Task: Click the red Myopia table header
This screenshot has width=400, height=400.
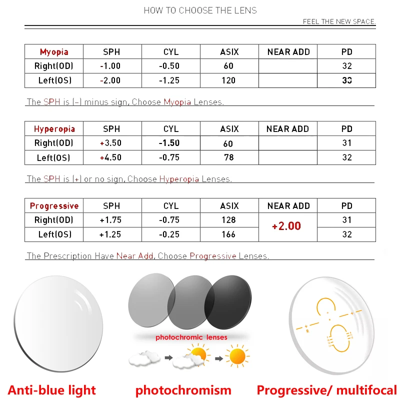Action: (x=54, y=52)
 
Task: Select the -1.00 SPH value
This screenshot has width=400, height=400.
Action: (x=110, y=66)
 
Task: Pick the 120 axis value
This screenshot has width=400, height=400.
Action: (x=228, y=80)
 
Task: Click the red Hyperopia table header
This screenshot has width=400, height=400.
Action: (x=54, y=129)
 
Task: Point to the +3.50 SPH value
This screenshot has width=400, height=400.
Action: (x=110, y=143)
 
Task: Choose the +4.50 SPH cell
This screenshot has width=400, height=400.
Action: (x=110, y=157)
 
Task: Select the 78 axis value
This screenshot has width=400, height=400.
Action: (x=228, y=157)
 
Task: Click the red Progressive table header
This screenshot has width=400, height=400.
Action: (x=54, y=206)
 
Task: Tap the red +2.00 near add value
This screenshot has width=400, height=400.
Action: (x=286, y=226)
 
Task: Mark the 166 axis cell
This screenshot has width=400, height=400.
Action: (x=228, y=234)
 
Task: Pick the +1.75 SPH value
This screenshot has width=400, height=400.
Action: (x=110, y=220)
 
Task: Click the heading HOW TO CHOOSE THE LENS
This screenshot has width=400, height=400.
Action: (x=200, y=10)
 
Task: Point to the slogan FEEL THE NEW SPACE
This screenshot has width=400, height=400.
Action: (x=339, y=21)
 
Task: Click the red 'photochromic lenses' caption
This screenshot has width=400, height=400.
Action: (x=191, y=337)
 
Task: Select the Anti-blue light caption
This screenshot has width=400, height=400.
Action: (x=51, y=390)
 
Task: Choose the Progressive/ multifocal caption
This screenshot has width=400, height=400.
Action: (x=326, y=390)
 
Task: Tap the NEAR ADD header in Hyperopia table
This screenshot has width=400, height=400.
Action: (x=287, y=129)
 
